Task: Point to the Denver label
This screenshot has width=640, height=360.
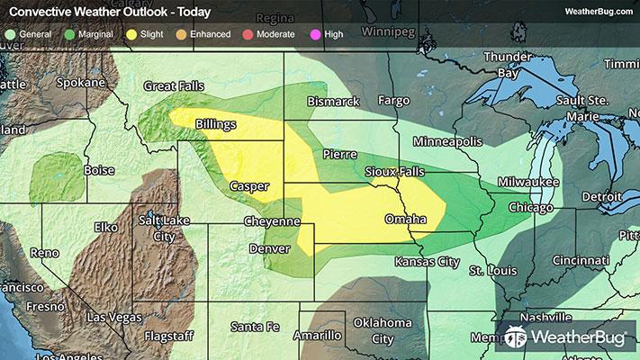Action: pos(269,247)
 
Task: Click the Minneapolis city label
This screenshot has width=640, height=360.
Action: pos(450,142)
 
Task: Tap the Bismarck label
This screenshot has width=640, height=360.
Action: pos(333,102)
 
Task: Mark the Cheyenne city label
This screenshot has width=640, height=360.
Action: pos(271,221)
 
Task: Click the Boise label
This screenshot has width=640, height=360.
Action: pos(99,170)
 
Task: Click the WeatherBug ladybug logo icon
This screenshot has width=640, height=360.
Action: pos(516,337)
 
